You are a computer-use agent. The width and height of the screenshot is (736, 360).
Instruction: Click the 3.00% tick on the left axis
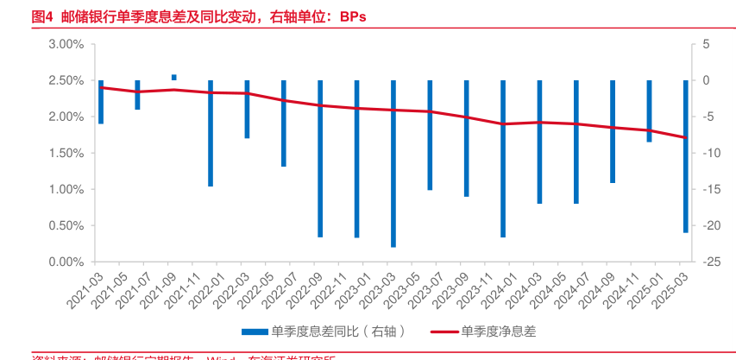point(65,44)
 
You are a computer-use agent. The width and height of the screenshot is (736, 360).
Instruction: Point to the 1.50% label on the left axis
point(65,153)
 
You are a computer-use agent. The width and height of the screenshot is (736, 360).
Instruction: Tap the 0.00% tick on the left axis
point(65,262)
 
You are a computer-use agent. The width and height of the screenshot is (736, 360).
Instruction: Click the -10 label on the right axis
point(709,153)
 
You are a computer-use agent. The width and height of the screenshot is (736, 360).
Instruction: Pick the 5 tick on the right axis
point(706,44)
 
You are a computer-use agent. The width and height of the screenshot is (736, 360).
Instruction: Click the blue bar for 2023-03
point(393,164)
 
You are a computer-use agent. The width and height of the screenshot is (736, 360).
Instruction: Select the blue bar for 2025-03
point(686,156)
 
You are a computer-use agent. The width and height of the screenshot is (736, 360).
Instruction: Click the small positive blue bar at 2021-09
point(174,78)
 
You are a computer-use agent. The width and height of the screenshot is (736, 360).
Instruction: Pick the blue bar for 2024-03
point(539,142)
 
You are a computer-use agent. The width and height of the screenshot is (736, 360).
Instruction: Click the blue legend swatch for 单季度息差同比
point(255,331)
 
